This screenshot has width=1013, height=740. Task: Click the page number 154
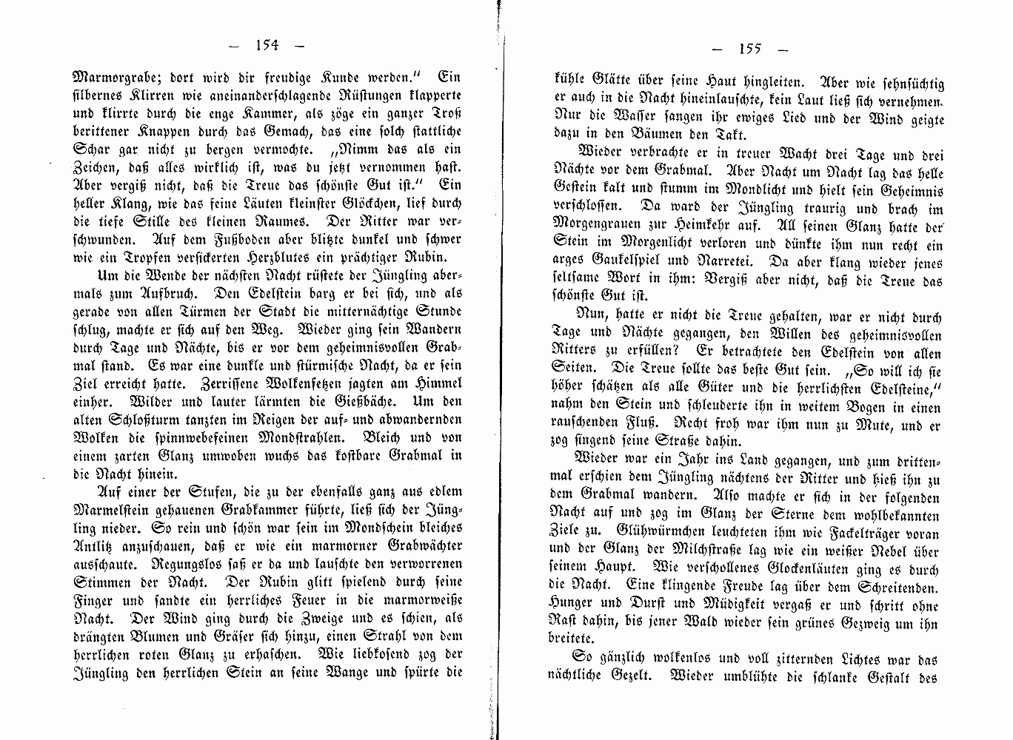tap(266, 45)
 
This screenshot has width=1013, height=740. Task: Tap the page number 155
tap(749, 50)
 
